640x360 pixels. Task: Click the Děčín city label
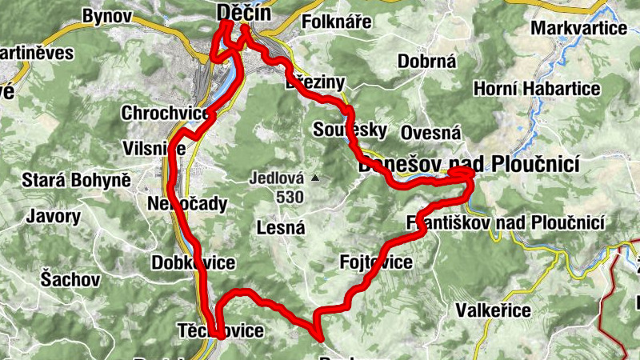(x=244, y=14)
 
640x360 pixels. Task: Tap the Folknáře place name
(x=337, y=22)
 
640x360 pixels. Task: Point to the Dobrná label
(x=426, y=61)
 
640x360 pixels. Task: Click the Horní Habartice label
(x=536, y=88)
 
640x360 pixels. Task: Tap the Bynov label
(x=106, y=15)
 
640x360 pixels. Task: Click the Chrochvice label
(x=166, y=114)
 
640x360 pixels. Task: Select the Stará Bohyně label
(x=77, y=180)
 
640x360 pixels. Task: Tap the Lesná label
(x=281, y=228)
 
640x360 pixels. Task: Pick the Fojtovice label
(x=376, y=262)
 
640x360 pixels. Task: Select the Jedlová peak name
(x=274, y=178)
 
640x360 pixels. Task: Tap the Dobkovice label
(x=193, y=262)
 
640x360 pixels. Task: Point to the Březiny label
(x=314, y=83)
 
